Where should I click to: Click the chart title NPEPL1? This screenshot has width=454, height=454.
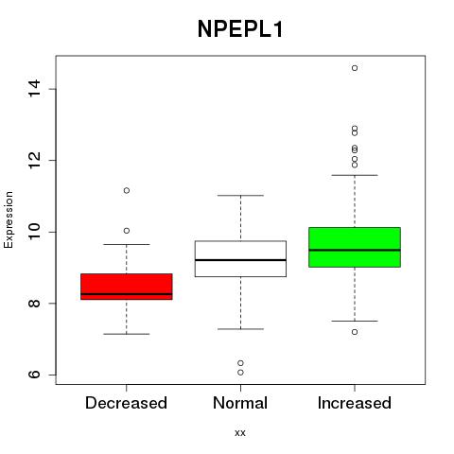(x=240, y=29)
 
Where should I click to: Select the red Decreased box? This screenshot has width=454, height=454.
(x=127, y=287)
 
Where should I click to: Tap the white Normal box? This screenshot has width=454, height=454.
(x=240, y=259)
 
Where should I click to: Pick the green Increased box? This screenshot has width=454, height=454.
(x=355, y=247)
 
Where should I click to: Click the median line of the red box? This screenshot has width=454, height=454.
(x=127, y=294)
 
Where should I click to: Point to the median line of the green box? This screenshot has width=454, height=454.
(x=355, y=250)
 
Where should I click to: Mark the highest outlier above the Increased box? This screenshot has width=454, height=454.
(x=355, y=68)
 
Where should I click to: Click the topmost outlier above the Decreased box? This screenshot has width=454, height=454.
(x=127, y=190)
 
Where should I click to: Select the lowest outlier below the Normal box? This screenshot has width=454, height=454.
(x=240, y=373)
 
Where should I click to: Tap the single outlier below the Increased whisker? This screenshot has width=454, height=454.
(x=355, y=332)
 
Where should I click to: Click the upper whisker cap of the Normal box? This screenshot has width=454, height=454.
(x=240, y=196)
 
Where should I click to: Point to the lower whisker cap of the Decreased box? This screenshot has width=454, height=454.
(x=127, y=334)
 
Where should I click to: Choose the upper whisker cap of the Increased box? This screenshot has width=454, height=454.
(x=355, y=175)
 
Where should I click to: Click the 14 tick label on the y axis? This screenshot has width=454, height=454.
(x=34, y=89)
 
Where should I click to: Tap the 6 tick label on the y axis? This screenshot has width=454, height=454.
(x=34, y=375)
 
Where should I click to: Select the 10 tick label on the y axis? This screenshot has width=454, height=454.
(x=34, y=232)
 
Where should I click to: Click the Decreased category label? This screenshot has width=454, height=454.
(x=126, y=403)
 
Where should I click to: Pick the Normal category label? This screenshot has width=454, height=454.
(x=240, y=403)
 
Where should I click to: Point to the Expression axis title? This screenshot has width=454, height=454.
(x=9, y=220)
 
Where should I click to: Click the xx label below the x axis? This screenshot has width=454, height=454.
(x=240, y=433)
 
